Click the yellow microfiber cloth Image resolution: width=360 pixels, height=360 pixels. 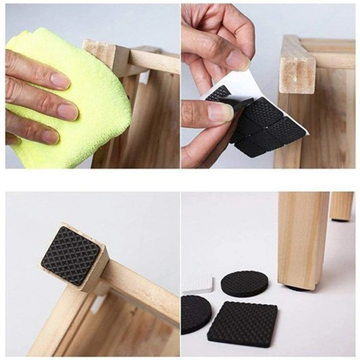pyautogui.click(x=90, y=102)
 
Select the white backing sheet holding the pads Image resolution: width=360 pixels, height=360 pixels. pyautogui.click(x=240, y=84)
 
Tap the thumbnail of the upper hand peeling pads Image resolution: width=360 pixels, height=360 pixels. pyautogui.click(x=238, y=59)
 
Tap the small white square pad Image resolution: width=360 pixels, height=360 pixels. pyautogui.click(x=197, y=283)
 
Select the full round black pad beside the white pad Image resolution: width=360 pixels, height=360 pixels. pyautogui.click(x=244, y=283)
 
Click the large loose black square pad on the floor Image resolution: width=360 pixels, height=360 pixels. pyautogui.click(x=242, y=323)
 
